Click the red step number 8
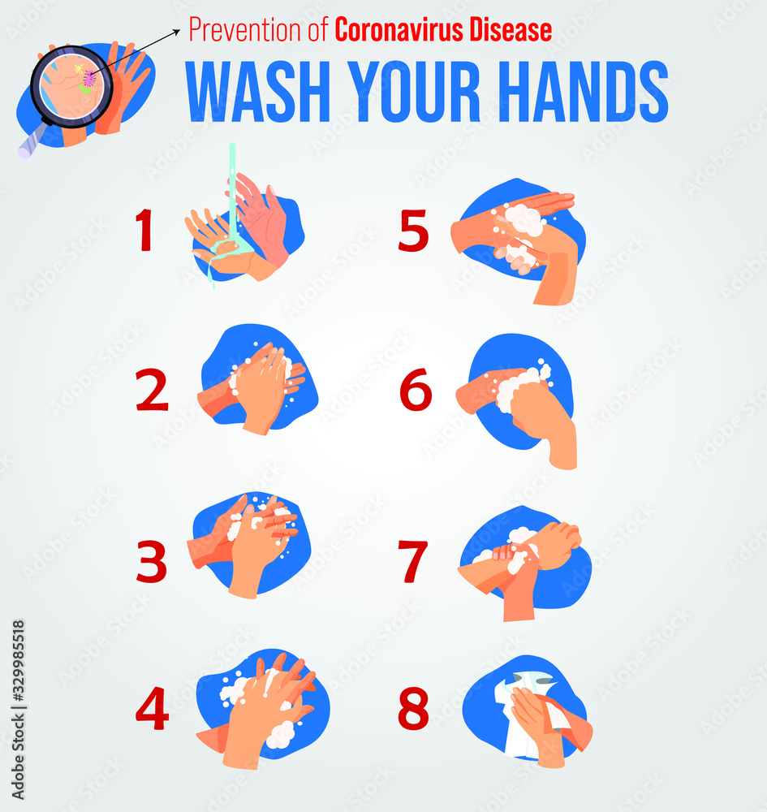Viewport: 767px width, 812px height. coord(413,708)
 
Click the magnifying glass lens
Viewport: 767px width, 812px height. coord(68,84)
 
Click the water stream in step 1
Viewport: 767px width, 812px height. coord(233,195)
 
